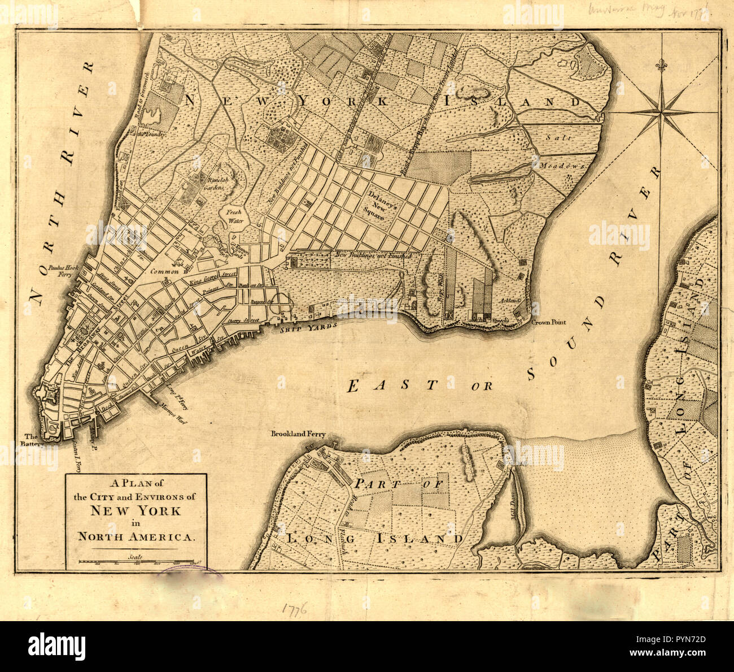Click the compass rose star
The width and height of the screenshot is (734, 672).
(660, 114)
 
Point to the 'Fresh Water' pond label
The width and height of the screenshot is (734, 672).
(234, 216)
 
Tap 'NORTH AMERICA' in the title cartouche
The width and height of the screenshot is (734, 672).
(136, 536)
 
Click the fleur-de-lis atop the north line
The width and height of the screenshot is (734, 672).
(660, 65)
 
